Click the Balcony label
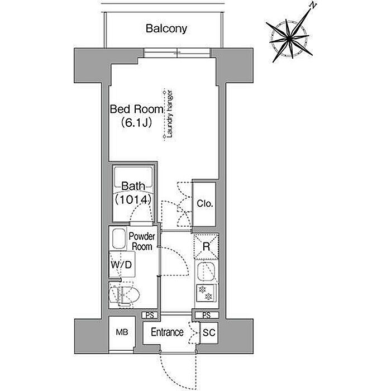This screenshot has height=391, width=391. [x=166, y=28]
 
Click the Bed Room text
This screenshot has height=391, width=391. [x=137, y=109]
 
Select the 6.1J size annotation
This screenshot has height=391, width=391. [x=136, y=122]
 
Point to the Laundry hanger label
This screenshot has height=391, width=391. [x=170, y=114]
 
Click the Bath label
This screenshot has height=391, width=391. [x=133, y=186]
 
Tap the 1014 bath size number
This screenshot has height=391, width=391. [x=133, y=199]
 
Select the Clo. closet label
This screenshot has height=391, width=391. [x=205, y=203]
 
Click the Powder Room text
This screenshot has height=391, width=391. [x=142, y=241]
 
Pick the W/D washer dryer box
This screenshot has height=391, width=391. [x=122, y=264]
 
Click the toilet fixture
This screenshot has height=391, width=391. [x=124, y=294]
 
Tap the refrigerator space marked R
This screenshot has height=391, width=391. [x=206, y=247]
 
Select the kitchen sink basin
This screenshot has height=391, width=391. [x=206, y=271]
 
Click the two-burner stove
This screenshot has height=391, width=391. [x=206, y=293]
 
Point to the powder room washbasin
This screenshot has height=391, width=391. [x=119, y=239]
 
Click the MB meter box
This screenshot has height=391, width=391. [x=122, y=333]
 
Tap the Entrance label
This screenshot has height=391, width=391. [x=167, y=332]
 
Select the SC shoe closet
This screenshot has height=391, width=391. [x=209, y=333]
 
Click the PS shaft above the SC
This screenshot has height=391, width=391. [x=207, y=315]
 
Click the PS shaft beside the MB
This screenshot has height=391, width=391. [x=150, y=315]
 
